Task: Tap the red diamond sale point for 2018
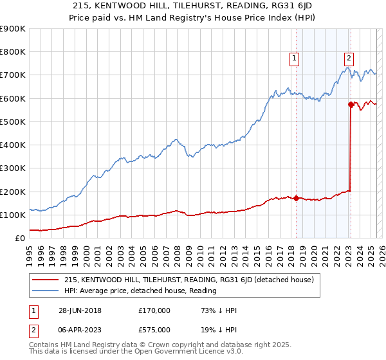[x=296, y=198]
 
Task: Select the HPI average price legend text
[x=140, y=291]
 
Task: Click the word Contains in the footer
[x=43, y=345]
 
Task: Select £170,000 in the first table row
[x=155, y=310]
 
